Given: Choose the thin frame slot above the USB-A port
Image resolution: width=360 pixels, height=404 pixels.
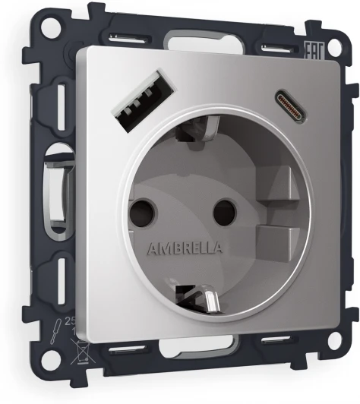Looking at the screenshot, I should click(125, 38).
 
